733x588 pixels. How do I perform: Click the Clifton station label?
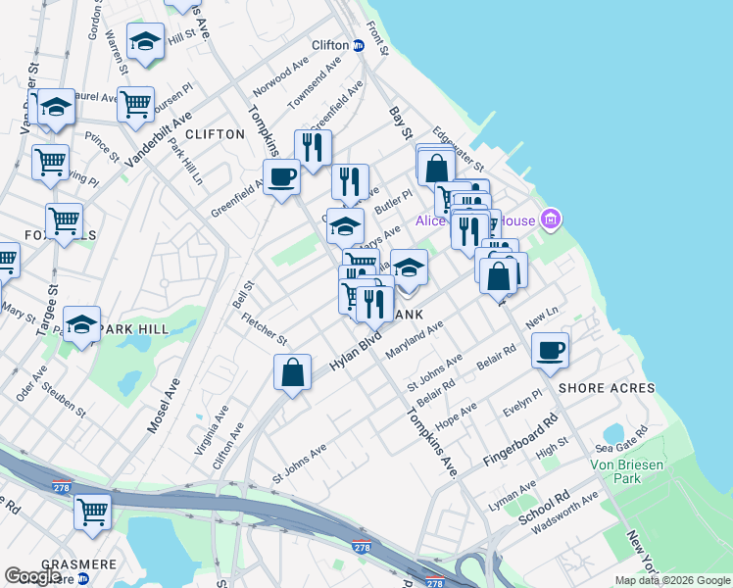point(330,45)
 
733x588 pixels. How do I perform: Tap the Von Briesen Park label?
point(615,470)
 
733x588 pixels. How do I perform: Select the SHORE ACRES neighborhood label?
point(607,388)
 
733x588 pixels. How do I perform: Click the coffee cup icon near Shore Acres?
point(551,350)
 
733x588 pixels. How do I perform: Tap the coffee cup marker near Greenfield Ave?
point(282,176)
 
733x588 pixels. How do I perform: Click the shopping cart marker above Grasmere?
point(92,511)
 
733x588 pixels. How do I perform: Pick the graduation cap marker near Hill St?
point(146,41)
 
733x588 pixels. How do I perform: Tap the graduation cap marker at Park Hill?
point(82,324)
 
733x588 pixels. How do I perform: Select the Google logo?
point(32,577)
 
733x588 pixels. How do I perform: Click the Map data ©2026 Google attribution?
point(671,581)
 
